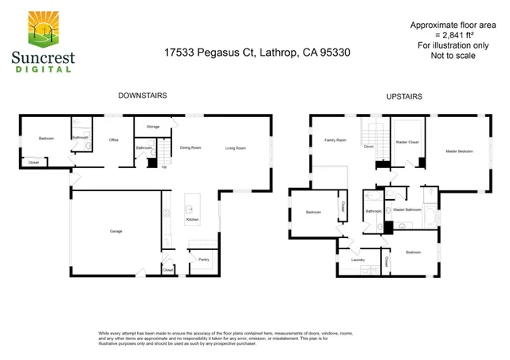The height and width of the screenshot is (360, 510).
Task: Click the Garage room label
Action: tap(116, 231)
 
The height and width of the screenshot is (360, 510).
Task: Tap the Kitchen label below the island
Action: tap(192, 219)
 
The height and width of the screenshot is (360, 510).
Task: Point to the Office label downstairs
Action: tap(113, 140)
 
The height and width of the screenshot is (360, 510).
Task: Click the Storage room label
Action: tap(153, 127)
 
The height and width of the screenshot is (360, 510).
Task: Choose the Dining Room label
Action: tap(190, 147)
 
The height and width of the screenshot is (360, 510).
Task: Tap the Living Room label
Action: tap(235, 147)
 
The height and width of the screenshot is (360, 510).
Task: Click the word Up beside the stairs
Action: tap(165, 167)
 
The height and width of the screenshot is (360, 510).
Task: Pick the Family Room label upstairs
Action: tap(335, 140)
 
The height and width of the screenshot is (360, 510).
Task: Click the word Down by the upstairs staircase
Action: tap(369, 147)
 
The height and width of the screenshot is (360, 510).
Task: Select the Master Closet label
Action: tap(407, 142)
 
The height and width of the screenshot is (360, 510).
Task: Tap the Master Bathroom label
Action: tap(407, 209)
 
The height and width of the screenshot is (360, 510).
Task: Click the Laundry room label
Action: tap(357, 260)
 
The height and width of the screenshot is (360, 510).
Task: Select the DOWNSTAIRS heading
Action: tap(143, 96)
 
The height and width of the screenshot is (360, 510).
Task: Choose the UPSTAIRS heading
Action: tap(404, 96)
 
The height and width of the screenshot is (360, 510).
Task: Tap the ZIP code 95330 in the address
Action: tap(333, 53)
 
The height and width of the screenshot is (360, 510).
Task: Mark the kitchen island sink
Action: tap(192, 201)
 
